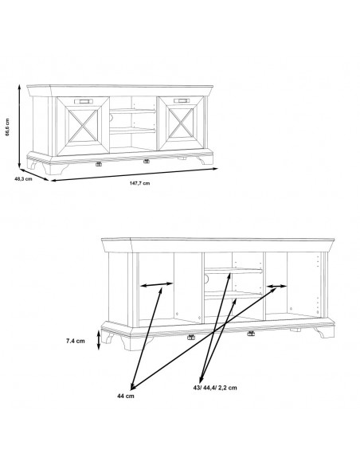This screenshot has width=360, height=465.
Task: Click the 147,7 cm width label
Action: [139, 183]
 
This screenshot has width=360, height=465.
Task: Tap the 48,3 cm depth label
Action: [23, 179]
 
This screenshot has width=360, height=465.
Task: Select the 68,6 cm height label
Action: [7, 127]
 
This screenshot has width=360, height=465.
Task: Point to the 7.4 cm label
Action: [76, 341]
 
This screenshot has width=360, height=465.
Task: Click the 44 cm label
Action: [125, 396]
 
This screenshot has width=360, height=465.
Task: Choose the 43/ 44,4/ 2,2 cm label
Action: [215, 388]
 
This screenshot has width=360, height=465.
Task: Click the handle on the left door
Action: [84, 101]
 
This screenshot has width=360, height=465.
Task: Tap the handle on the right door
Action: [182, 101]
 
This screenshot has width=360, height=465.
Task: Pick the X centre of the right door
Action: [181, 123]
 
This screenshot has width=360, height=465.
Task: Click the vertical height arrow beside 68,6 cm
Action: [19, 126]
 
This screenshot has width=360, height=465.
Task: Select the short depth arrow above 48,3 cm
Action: [33, 174]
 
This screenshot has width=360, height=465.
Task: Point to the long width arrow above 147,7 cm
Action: [135, 174]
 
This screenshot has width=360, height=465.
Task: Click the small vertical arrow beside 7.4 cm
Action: [99, 340]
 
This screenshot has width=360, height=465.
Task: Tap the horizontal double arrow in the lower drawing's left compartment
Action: [156, 285]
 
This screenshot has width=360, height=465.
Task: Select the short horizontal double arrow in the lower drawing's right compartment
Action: [276, 286]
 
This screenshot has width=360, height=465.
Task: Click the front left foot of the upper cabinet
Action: [55, 168]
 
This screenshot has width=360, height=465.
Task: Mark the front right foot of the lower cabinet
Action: [325, 332]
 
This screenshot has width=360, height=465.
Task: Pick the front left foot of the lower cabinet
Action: [132, 344]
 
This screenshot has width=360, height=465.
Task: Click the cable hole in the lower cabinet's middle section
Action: [205, 279]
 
